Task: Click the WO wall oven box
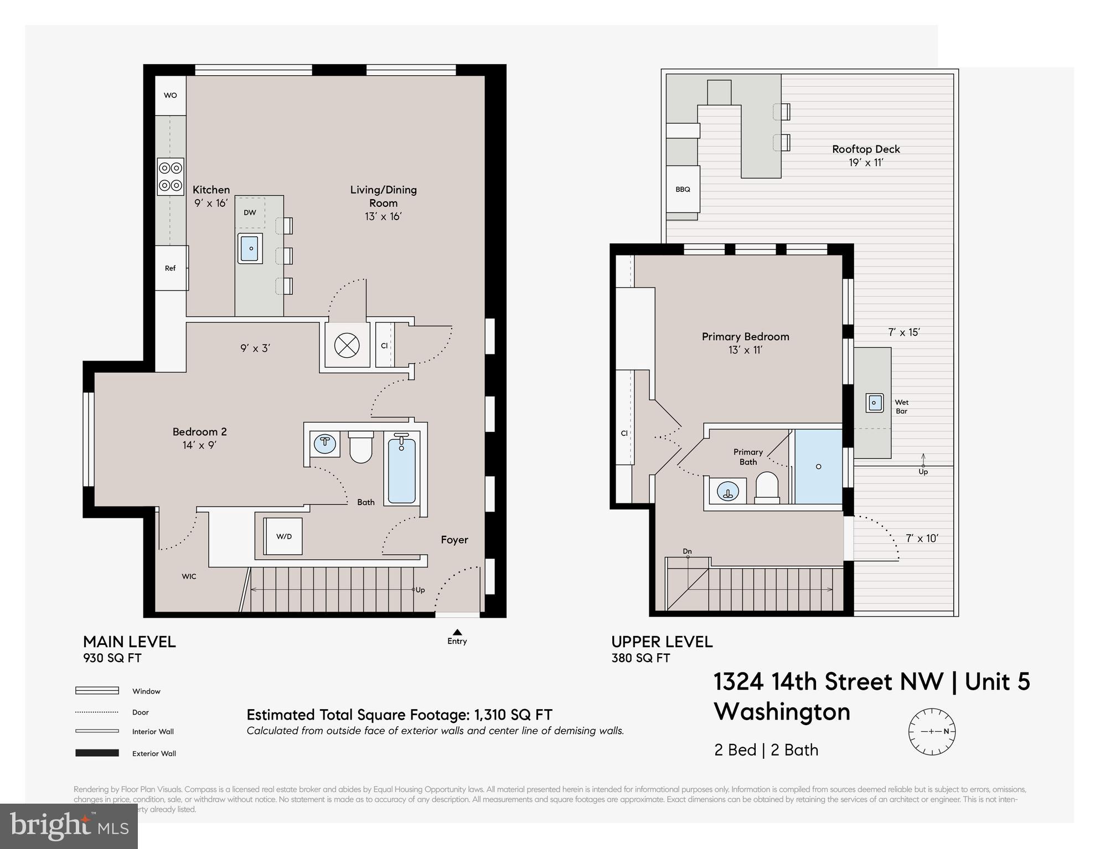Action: click(170, 95)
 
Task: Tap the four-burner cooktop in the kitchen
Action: click(171, 176)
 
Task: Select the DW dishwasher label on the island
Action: click(250, 212)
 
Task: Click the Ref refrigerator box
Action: click(171, 268)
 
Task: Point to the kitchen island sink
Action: click(251, 248)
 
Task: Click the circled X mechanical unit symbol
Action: click(347, 346)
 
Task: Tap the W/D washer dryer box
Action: click(283, 537)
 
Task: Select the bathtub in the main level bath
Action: click(402, 470)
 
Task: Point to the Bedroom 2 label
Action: click(199, 432)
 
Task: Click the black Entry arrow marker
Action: click(457, 632)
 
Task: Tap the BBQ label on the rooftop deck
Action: click(683, 189)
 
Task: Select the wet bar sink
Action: click(874, 403)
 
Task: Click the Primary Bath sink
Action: click(727, 491)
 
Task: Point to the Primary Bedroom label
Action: click(745, 336)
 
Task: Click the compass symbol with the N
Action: click(932, 731)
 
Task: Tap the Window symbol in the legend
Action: click(97, 691)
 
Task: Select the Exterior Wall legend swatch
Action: click(97, 753)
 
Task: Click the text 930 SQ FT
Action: click(112, 658)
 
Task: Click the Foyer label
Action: click(454, 540)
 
